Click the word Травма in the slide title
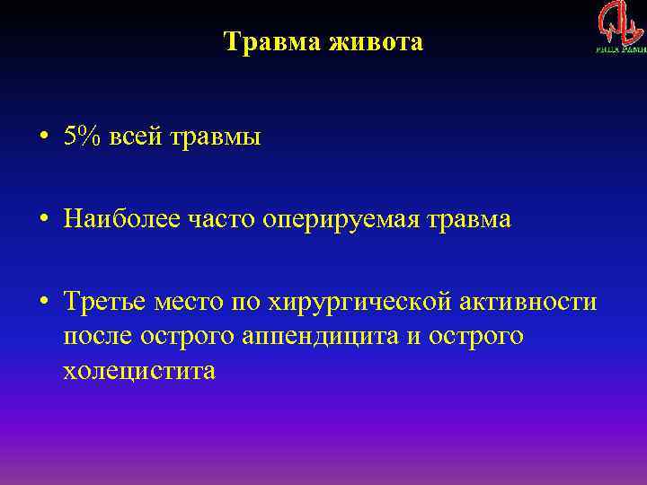point(268,41)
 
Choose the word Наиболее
point(112,220)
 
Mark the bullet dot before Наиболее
point(43,220)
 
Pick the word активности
point(537,302)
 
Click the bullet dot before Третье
point(43,302)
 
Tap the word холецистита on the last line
point(139,369)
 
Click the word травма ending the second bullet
point(468,220)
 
